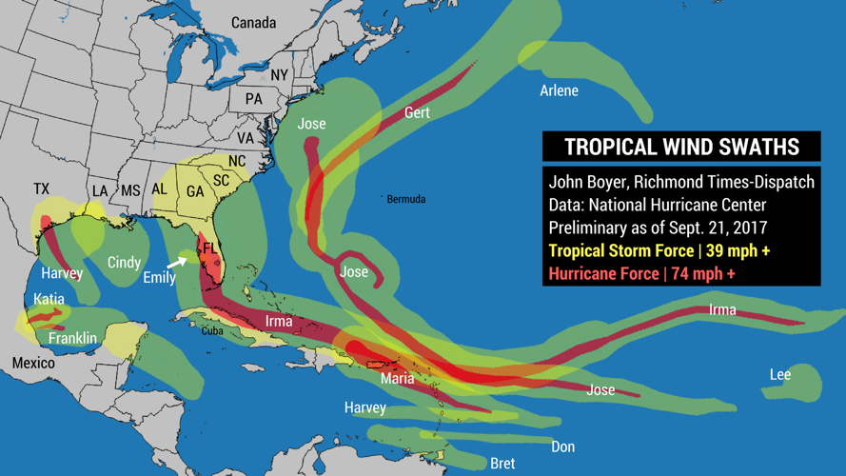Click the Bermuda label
click(x=406, y=200)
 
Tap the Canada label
click(x=253, y=23)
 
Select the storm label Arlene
click(x=559, y=91)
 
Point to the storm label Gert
click(x=417, y=112)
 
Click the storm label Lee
click(x=779, y=375)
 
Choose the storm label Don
click(x=562, y=446)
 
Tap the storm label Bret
click(x=502, y=464)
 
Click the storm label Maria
click(x=397, y=379)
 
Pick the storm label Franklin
click(x=72, y=338)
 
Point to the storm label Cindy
click(x=124, y=263)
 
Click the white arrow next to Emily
click(x=177, y=260)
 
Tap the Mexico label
click(x=33, y=363)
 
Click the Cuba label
click(x=212, y=331)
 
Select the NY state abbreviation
click(x=279, y=75)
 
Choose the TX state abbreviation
click(x=41, y=189)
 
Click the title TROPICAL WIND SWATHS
click(x=681, y=147)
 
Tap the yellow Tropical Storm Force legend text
click(x=659, y=251)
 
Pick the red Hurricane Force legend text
click(x=642, y=273)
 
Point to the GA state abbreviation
click(x=195, y=191)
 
